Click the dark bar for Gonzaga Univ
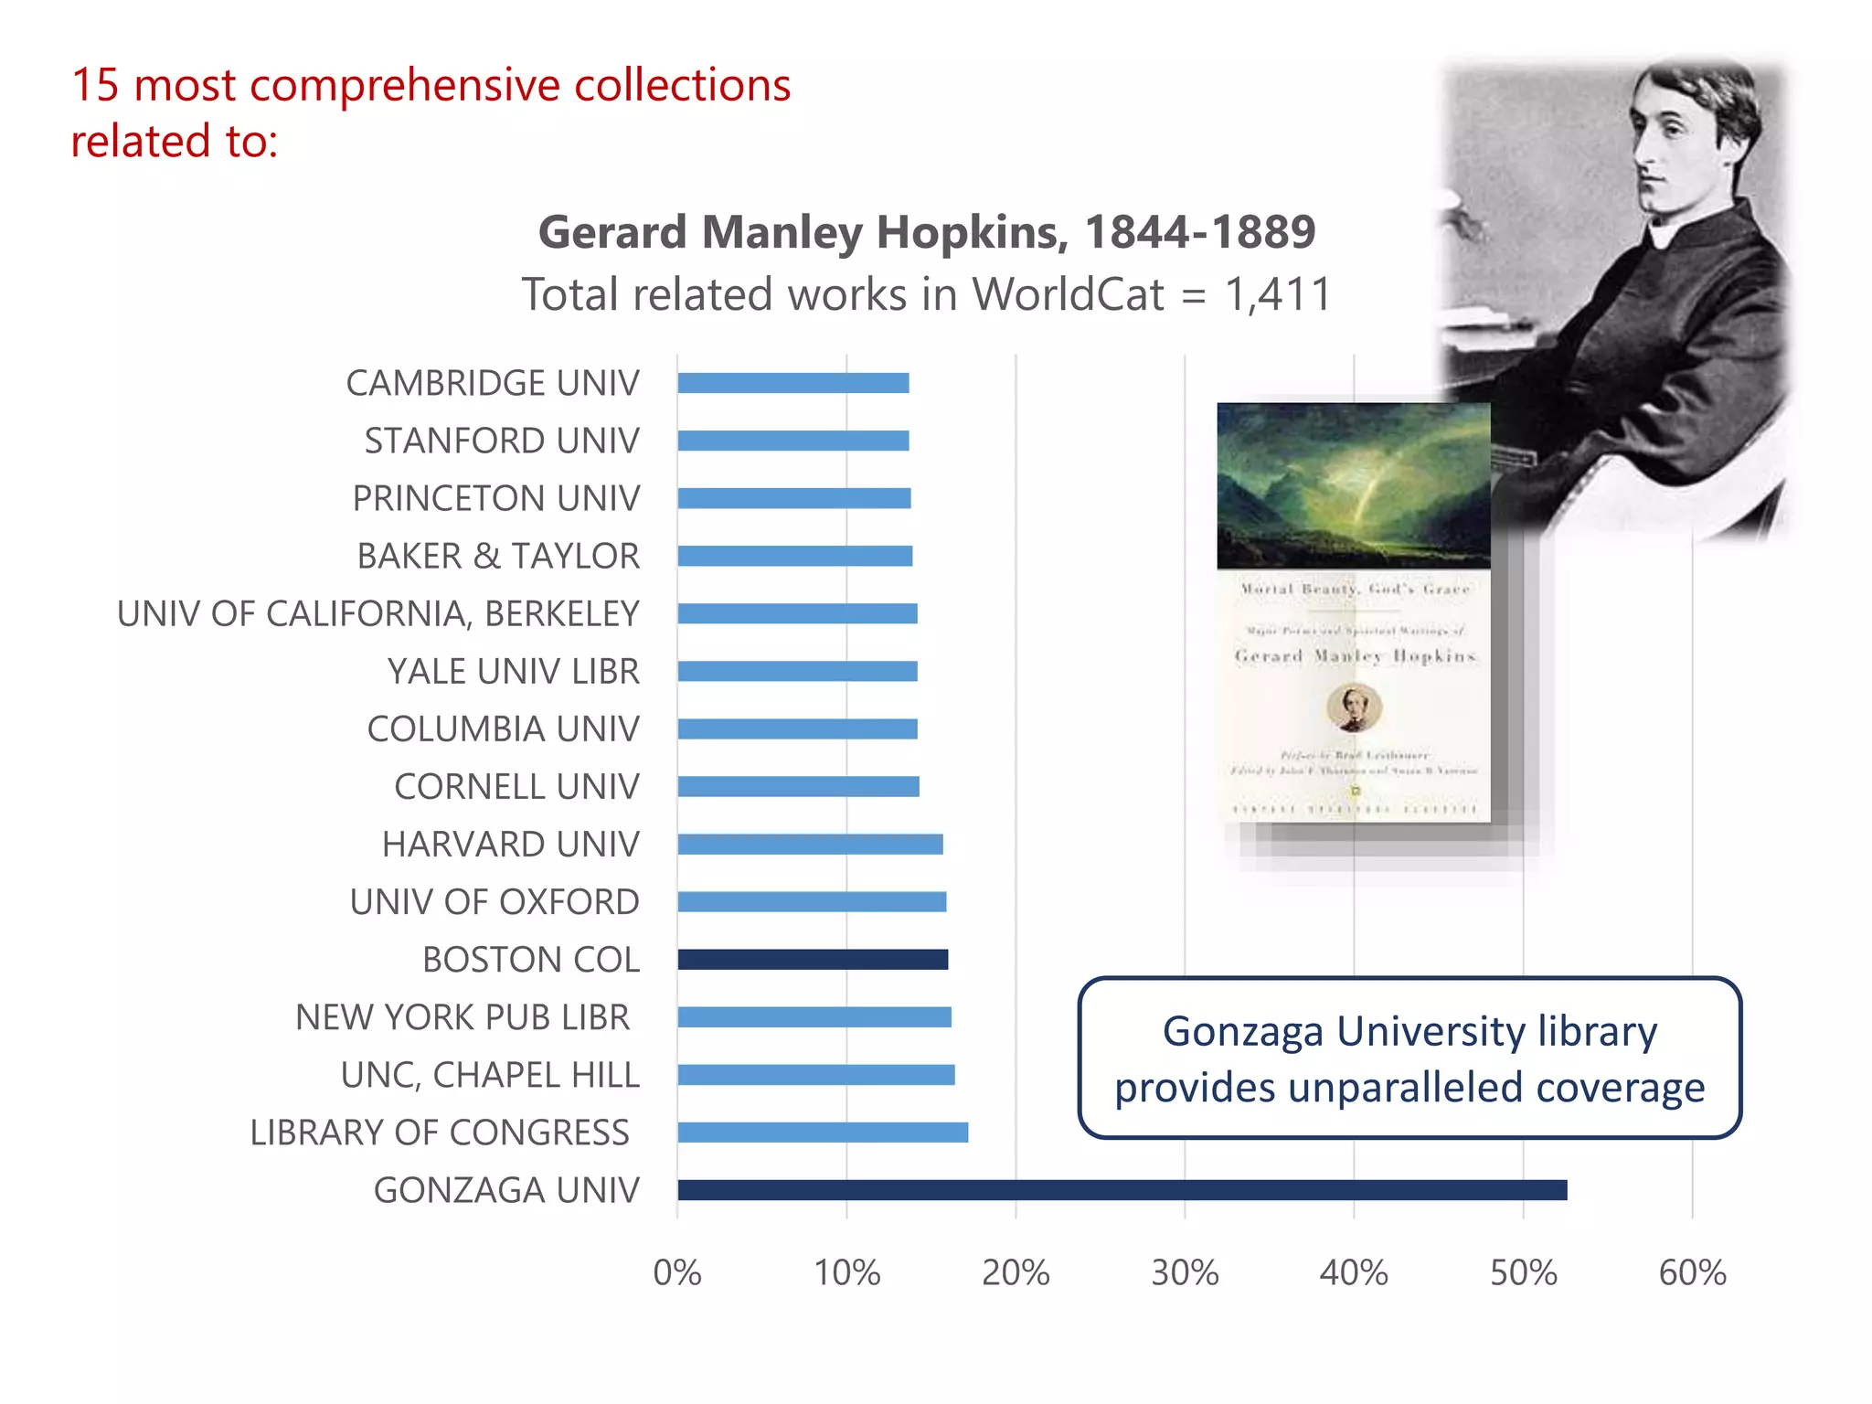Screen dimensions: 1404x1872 tap(1122, 1189)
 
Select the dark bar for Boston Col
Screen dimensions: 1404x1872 tap(813, 959)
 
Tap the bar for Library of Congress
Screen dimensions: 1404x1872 tap(823, 1132)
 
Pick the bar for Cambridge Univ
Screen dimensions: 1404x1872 tap(792, 383)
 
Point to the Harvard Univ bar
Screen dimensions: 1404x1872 tap(810, 844)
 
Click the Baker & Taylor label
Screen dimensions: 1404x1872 tap(498, 556)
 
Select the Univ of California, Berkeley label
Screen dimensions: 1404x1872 tap(378, 613)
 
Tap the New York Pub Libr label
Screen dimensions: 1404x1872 tap(463, 1016)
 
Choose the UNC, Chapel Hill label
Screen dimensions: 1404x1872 tap(490, 1075)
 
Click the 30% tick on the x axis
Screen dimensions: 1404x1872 tap(1185, 1272)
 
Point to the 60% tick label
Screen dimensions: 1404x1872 tap(1692, 1272)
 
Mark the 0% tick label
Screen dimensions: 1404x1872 tap(677, 1272)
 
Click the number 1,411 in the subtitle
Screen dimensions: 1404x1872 tap(1277, 294)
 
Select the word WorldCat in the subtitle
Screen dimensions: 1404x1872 tap(1068, 294)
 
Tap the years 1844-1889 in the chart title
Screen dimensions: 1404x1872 tap(1199, 231)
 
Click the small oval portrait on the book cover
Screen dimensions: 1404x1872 tap(1354, 707)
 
